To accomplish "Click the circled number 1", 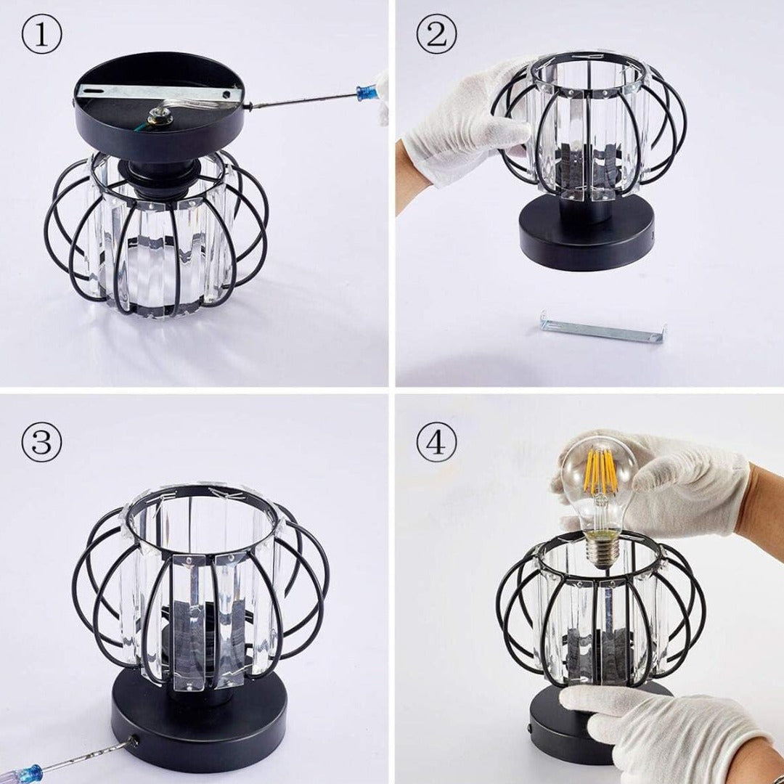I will [41, 37].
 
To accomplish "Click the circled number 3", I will [41, 444].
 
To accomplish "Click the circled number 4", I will [436, 442].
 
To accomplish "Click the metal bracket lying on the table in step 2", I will [602, 327].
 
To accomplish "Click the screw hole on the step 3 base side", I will [133, 740].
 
